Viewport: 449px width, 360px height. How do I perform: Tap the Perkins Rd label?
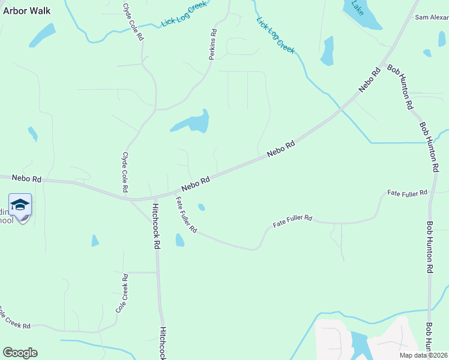point(212,44)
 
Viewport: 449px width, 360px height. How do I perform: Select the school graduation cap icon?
point(20,205)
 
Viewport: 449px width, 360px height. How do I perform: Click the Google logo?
point(20,353)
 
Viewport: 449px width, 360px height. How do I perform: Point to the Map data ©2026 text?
point(424,355)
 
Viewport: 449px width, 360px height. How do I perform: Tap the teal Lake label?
point(357,7)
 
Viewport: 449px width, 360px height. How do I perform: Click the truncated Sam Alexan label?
point(432,17)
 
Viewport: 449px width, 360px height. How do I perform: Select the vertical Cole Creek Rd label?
point(121,293)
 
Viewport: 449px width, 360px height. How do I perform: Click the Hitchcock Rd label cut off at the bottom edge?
point(162,343)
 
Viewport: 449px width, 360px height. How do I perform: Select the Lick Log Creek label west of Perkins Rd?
point(183,15)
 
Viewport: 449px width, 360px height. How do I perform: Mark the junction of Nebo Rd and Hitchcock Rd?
point(154,198)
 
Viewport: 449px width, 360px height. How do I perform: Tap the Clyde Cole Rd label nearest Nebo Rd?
point(125,172)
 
